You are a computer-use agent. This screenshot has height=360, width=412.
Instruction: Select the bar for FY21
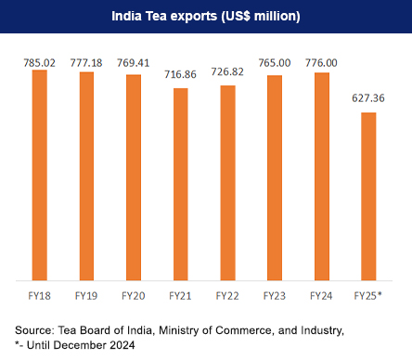tap(180, 184)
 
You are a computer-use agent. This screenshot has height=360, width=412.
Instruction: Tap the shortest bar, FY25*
tap(368, 196)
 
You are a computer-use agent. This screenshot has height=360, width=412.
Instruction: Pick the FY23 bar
tap(275, 177)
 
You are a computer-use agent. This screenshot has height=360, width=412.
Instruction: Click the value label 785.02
tap(40, 61)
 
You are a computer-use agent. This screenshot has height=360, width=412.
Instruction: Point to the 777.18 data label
tap(86, 62)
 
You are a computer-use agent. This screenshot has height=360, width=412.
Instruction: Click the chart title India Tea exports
tap(205, 16)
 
